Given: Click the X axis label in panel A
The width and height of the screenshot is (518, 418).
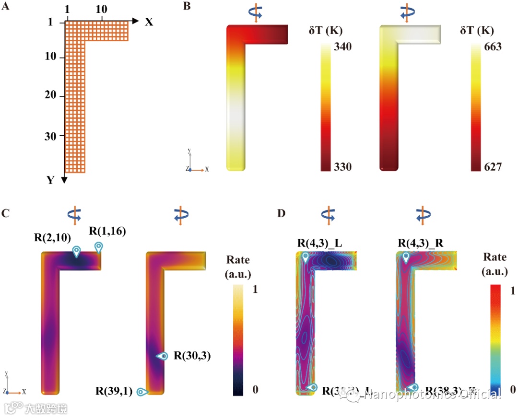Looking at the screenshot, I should point(149,22).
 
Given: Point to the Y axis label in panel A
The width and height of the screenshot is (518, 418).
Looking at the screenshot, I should point(50,180).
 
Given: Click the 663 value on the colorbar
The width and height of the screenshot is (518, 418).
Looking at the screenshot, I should point(492,46).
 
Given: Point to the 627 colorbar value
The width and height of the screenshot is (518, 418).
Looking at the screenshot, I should point(492,167).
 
